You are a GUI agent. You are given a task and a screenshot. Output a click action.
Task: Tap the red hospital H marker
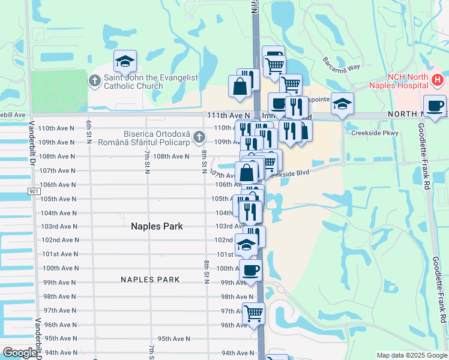[437, 79]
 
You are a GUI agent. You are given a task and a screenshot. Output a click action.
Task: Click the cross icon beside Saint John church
[95, 80]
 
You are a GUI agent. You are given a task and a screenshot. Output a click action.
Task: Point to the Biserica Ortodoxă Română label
[157, 137]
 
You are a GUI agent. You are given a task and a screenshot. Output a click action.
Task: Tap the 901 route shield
[34, 191]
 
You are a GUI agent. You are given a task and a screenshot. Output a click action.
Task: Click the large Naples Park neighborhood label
[157, 226]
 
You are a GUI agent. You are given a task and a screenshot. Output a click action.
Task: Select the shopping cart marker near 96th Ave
[254, 313]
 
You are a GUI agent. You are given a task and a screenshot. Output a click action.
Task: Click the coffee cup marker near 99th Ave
[250, 270]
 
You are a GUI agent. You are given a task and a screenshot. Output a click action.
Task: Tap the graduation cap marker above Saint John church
[125, 61]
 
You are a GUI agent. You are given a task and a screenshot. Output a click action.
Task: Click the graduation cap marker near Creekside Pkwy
[342, 104]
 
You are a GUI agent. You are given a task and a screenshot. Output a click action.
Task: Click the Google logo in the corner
[19, 353]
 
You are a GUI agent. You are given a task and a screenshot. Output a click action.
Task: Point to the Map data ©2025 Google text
[411, 355]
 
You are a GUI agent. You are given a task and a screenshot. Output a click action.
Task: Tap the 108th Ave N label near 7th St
[171, 156]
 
